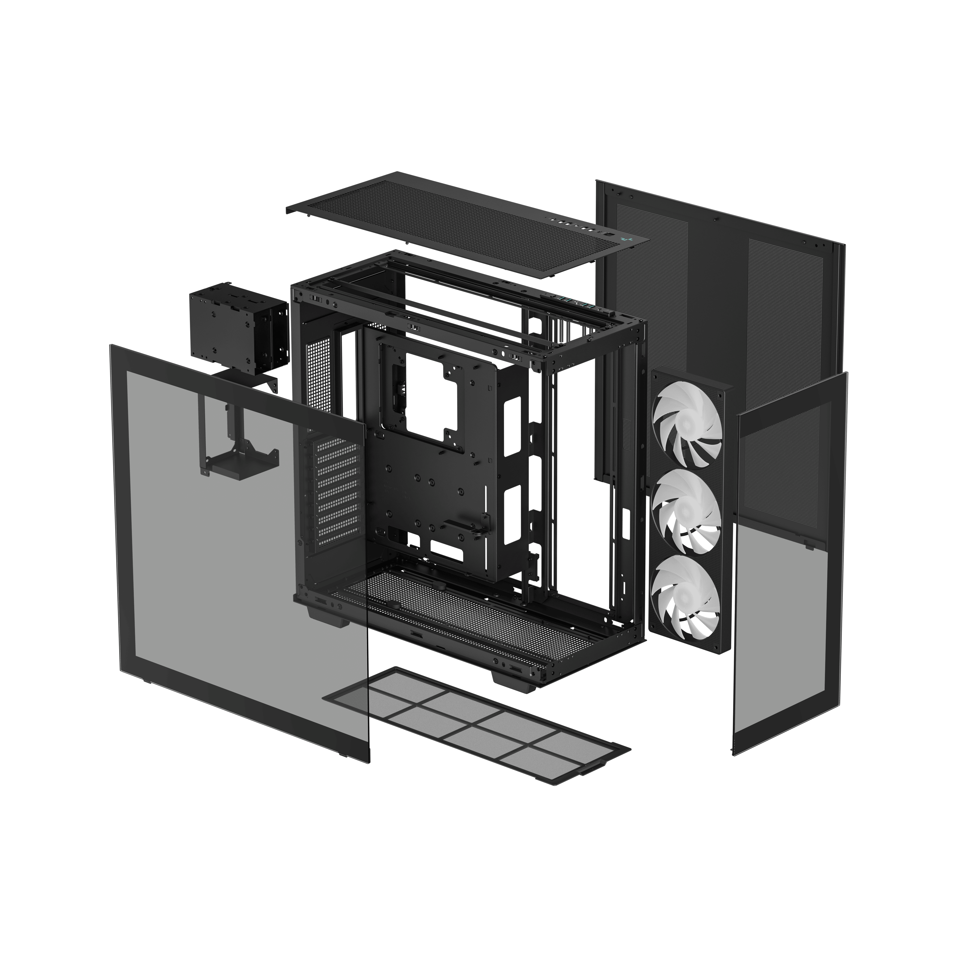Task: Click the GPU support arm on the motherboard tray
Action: pyautogui.click(x=466, y=525)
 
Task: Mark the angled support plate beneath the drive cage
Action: pyautogui.click(x=248, y=381)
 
